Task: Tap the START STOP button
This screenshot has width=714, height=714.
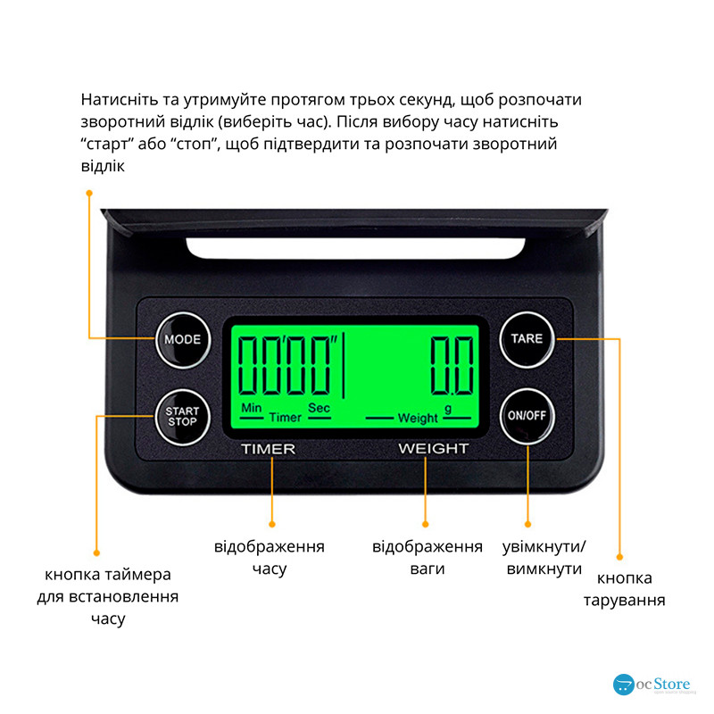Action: [x=183, y=417]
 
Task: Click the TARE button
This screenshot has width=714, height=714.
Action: [x=527, y=339]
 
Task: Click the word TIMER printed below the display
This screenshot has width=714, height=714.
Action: [x=269, y=449]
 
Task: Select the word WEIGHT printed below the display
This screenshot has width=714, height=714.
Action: [x=434, y=449]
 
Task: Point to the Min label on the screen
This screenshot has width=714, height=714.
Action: [x=252, y=408]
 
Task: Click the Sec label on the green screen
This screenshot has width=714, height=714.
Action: [x=319, y=408]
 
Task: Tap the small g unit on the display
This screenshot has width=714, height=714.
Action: [x=448, y=409]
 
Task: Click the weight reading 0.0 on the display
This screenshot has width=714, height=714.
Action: [x=452, y=365]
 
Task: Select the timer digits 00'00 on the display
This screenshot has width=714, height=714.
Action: [x=286, y=365]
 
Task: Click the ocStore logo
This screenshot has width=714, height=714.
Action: [x=652, y=685]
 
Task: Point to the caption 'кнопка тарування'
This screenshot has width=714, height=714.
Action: [x=624, y=589]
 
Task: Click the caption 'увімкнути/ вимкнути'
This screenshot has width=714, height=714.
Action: [x=544, y=557]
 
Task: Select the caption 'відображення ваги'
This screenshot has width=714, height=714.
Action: [x=428, y=557]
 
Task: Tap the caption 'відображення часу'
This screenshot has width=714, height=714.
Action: [x=270, y=557]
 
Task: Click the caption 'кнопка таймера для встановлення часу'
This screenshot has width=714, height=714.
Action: [x=108, y=596]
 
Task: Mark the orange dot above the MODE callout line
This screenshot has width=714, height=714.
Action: [x=89, y=194]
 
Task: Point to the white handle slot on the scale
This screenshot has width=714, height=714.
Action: [x=355, y=249]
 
